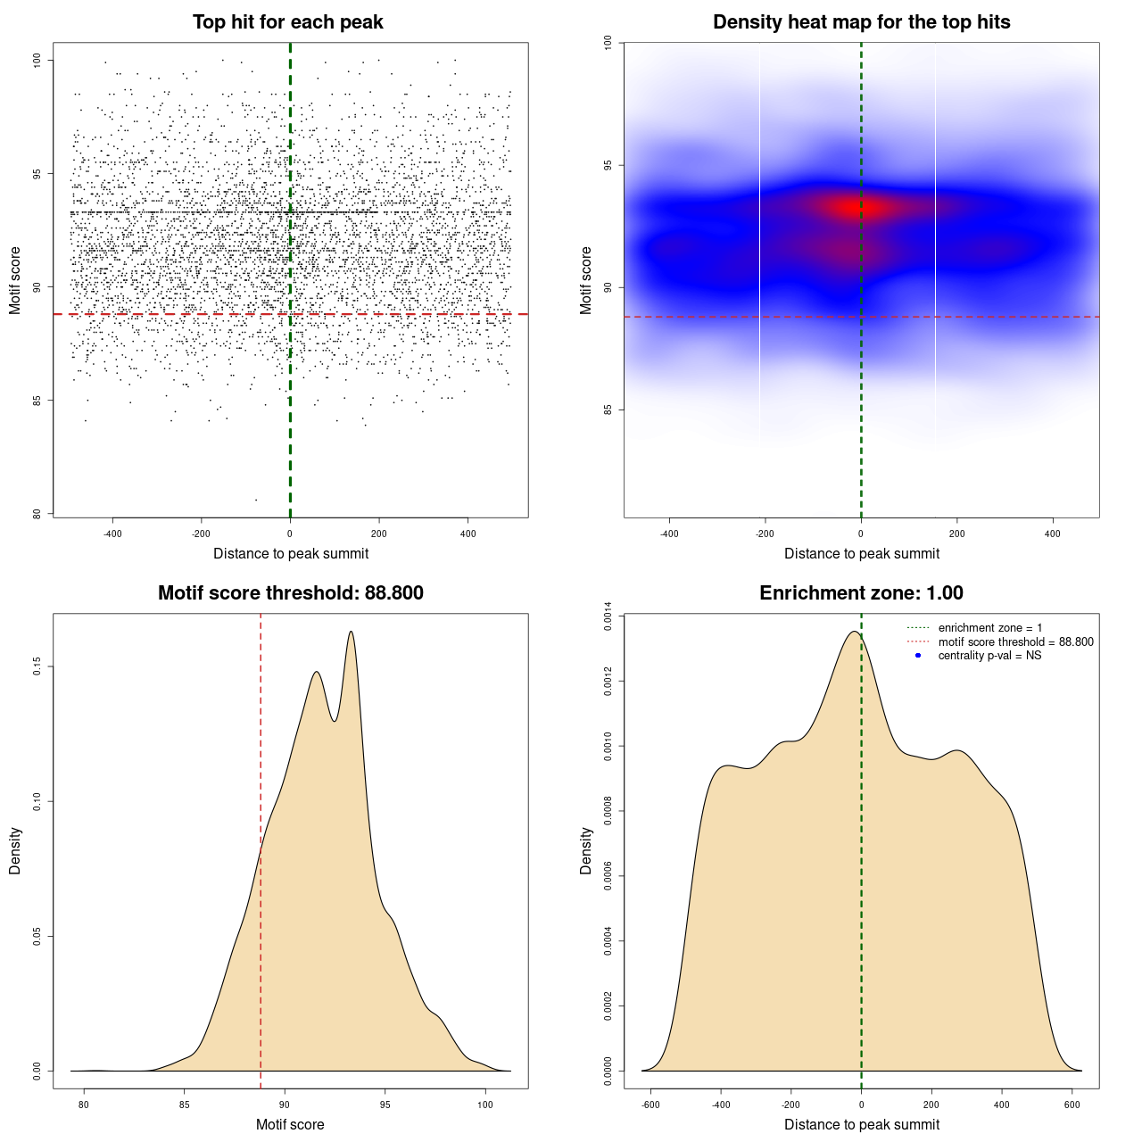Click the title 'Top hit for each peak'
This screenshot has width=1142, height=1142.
287,22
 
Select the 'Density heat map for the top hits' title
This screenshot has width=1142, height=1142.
861,22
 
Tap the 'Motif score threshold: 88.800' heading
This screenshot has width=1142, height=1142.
290,593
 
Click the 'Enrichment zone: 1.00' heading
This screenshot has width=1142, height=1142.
861,593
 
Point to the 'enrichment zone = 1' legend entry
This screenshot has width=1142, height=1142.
989,628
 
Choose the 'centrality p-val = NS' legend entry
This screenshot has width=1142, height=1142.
989,656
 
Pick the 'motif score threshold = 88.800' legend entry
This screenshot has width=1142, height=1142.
1015,642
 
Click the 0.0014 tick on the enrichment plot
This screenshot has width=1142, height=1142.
608,617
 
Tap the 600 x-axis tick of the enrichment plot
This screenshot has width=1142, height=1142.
1072,1105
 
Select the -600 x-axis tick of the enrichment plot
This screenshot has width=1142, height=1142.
650,1105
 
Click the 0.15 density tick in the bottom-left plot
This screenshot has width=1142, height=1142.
37,666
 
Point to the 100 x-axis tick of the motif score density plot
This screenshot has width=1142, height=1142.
484,1105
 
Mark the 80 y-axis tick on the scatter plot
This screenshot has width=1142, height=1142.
37,514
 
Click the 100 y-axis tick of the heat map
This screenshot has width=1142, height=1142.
608,42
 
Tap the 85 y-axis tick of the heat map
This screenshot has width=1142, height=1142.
608,410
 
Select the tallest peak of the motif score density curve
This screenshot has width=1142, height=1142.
351,632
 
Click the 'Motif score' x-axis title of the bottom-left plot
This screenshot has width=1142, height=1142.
290,1125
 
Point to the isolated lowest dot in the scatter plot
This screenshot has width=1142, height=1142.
256,500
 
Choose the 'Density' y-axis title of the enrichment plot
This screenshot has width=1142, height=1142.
586,850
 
